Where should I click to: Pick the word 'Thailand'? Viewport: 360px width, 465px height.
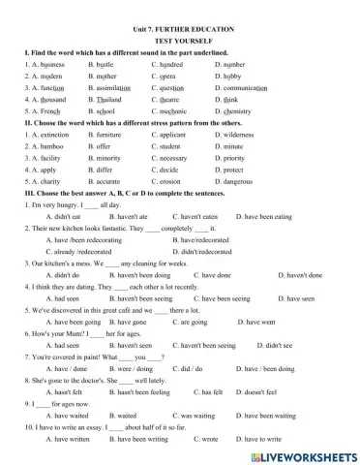pyautogui.click(x=108, y=99)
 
